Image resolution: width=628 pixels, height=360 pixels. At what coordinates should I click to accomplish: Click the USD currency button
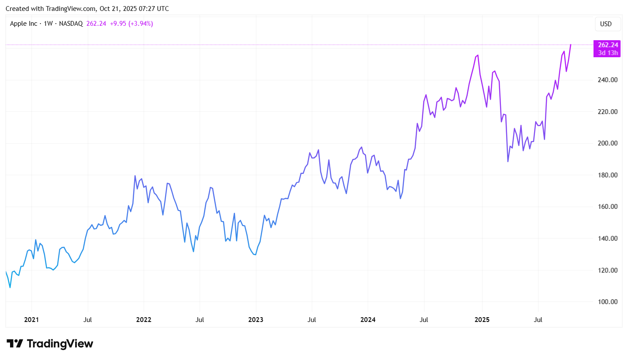(x=606, y=24)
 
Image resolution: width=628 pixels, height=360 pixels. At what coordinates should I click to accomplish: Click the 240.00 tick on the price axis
(x=607, y=80)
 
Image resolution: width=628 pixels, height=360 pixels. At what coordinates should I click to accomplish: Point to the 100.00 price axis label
(x=607, y=302)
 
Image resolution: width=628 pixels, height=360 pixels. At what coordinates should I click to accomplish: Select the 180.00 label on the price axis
(x=607, y=175)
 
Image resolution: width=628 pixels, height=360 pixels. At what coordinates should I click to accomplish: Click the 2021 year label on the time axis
(x=31, y=320)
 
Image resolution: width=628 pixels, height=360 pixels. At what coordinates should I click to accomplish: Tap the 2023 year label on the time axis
(x=255, y=320)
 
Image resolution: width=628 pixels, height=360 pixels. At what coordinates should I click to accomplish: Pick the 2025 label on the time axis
(x=482, y=320)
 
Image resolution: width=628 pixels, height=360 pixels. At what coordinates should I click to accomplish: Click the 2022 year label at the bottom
(x=144, y=320)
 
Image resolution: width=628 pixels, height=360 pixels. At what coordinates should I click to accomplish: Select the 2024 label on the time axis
(x=368, y=320)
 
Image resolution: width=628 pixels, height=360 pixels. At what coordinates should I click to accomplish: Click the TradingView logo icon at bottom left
(x=14, y=343)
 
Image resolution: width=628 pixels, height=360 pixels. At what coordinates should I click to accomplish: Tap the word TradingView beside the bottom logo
(x=60, y=343)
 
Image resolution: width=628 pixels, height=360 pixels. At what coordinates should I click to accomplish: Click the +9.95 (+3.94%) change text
(x=131, y=24)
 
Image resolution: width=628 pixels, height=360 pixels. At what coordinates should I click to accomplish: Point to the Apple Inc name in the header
(x=24, y=24)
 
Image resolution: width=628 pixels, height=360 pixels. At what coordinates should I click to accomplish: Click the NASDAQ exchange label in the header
(x=71, y=24)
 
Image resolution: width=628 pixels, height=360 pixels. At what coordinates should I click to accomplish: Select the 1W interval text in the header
(x=48, y=24)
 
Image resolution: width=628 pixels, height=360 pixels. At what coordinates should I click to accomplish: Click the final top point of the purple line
(x=570, y=45)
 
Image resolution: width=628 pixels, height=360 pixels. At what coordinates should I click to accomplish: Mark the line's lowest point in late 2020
(x=10, y=287)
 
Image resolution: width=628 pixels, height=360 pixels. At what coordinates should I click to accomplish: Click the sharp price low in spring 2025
(x=508, y=162)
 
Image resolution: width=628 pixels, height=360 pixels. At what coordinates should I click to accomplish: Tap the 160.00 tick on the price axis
(x=607, y=207)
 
